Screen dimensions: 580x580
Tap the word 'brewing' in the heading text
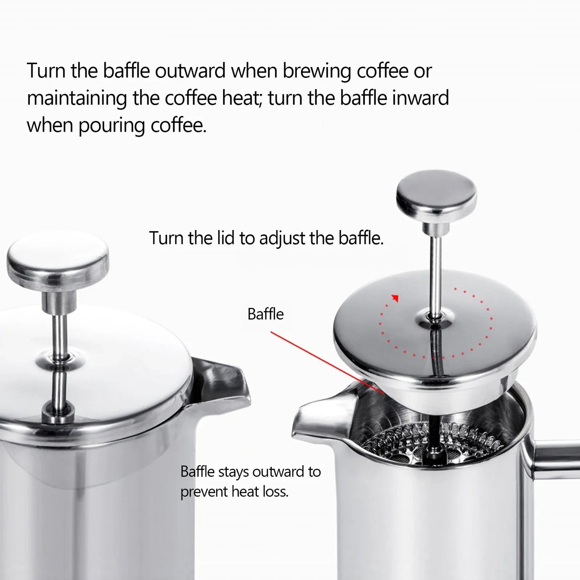point(317,71)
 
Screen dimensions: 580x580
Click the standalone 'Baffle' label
point(265,314)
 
